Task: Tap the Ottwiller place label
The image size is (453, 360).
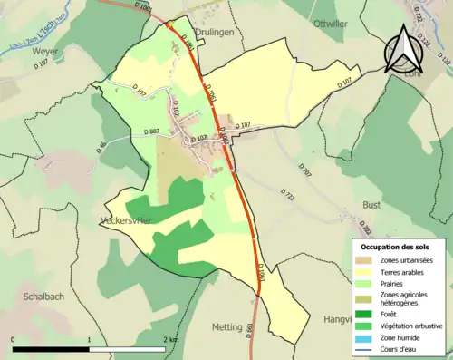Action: [x=331, y=24]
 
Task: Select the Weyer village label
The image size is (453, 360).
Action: [x=45, y=52]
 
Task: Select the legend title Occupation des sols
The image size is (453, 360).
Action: [x=395, y=247]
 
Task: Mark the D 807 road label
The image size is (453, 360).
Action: [x=151, y=131]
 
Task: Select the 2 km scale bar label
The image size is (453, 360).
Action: [x=170, y=338]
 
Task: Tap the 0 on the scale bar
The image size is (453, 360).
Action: [x=14, y=338]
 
